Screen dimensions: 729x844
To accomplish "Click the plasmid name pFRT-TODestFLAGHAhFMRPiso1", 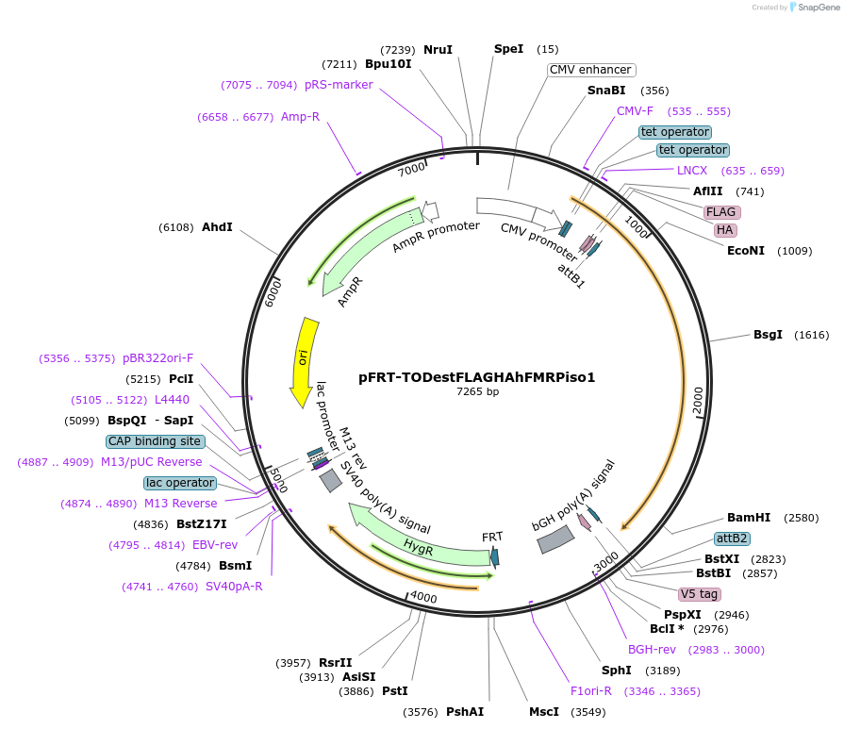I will tap(476, 377).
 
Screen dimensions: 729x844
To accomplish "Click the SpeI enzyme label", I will tap(508, 49).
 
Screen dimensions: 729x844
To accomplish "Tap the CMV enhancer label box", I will tap(591, 70).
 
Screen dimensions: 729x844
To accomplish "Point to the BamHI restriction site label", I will tap(749, 518).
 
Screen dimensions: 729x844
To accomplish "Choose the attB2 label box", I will tap(732, 538).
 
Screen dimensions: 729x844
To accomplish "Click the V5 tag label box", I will tap(699, 594).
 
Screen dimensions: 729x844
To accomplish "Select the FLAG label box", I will tap(721, 212).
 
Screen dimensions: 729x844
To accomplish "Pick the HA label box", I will tap(724, 230).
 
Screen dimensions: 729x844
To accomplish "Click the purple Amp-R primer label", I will tap(300, 117).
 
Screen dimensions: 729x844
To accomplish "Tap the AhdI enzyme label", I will tap(217, 227).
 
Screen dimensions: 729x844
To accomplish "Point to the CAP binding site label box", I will tap(155, 441).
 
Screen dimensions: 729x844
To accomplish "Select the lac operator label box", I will tap(179, 483).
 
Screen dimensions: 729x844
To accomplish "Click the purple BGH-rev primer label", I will tap(653, 650).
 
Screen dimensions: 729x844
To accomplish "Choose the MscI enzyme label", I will tap(544, 711).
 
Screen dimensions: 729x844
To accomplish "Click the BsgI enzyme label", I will tap(768, 335).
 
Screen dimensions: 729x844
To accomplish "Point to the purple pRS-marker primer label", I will tap(339, 85).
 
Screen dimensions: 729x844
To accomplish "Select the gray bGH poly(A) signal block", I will tap(555, 538).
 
